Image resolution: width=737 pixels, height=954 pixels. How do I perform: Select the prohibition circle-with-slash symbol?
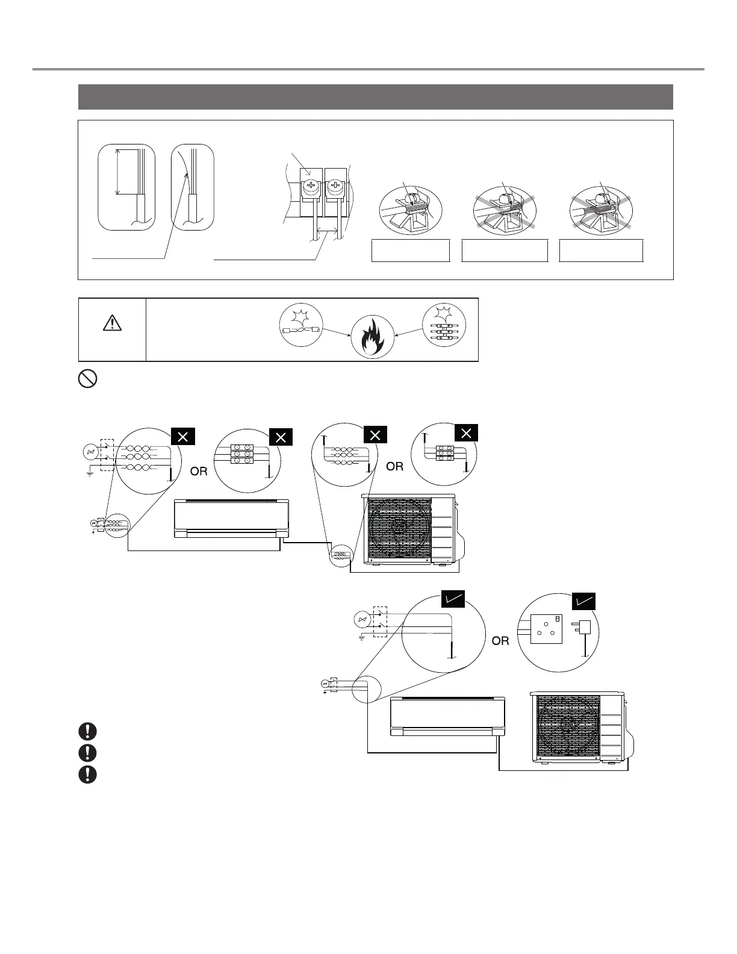88,379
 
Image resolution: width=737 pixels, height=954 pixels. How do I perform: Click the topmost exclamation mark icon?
88,731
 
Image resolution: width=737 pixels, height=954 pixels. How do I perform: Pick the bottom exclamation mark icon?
88,775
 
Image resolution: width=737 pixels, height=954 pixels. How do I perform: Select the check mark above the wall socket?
583,600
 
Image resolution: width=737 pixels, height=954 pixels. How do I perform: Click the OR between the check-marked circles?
500,641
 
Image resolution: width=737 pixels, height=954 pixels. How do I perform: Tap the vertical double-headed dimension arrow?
117,172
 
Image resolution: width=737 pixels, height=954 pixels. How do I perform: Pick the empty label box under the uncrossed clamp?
411,251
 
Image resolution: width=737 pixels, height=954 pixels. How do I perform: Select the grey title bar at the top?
375,97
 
